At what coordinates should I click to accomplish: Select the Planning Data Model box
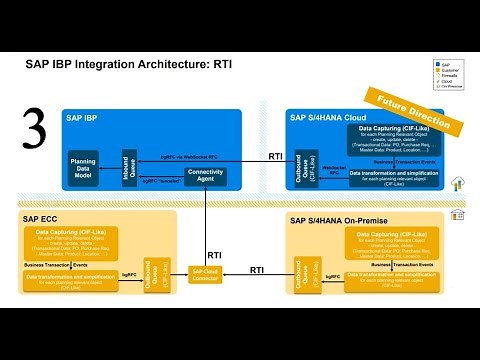[82, 167]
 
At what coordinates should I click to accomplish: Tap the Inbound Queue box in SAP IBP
[127, 165]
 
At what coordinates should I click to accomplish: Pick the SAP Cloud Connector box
[206, 273]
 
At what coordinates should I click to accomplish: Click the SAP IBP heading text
[85, 117]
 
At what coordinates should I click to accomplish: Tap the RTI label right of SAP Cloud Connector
[257, 269]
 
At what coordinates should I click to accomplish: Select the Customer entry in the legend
[450, 68]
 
